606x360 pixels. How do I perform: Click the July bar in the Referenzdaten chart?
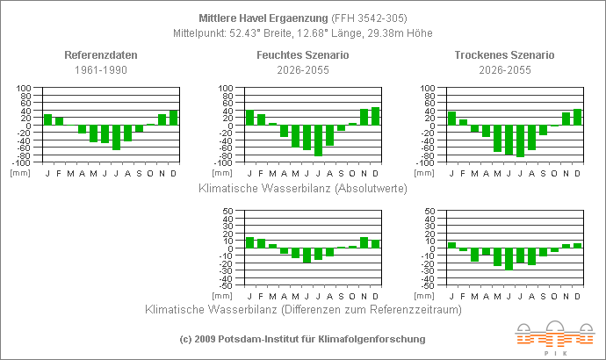(116, 137)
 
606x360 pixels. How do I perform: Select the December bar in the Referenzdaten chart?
(174, 118)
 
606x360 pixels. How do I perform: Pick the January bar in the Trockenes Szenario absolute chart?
(452, 119)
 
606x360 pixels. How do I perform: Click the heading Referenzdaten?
(101, 55)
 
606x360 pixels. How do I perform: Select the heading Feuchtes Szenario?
(302, 55)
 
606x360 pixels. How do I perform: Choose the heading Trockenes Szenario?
(504, 55)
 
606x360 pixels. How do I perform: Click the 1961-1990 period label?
(101, 69)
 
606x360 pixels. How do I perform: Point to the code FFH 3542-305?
(369, 18)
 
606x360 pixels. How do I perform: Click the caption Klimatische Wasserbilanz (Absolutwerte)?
(302, 186)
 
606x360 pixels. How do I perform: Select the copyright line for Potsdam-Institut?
(302, 338)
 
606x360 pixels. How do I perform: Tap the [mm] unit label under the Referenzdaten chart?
(18, 172)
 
